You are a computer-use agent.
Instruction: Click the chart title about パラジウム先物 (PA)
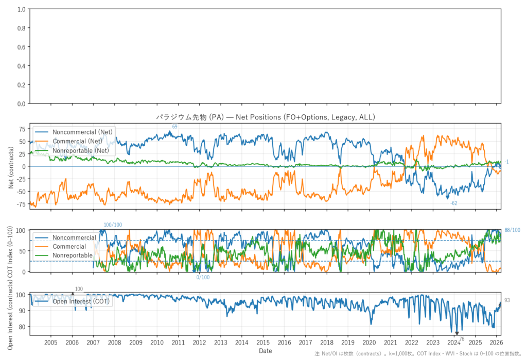coord(266,117)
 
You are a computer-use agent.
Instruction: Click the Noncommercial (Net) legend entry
coord(82,132)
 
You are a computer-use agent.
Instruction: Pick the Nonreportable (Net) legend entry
coord(80,150)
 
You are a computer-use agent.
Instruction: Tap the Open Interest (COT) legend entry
coord(81,301)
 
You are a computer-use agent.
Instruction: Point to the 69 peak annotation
coord(174,126)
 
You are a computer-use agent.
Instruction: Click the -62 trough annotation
coord(453,203)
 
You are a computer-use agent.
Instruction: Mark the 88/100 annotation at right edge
coord(512,230)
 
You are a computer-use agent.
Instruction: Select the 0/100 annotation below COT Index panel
coord(203,278)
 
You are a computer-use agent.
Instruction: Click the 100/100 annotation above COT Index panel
coord(113,225)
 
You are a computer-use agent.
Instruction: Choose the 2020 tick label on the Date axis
coord(369,342)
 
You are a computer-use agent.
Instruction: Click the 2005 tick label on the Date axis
coord(51,342)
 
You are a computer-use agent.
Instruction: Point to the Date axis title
coord(266,351)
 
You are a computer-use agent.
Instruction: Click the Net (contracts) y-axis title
coord(11,166)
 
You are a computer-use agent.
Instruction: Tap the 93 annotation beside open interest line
coord(507,300)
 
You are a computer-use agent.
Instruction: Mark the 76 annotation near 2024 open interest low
coord(462,339)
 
